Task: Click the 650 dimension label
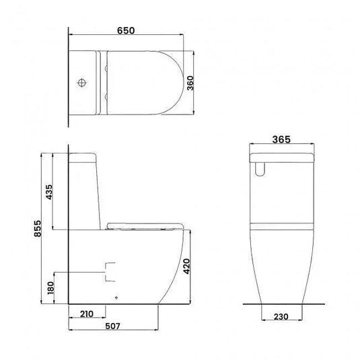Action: (x=126, y=31)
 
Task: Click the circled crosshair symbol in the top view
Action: (x=83, y=83)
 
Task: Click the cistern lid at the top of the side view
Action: (x=85, y=156)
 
